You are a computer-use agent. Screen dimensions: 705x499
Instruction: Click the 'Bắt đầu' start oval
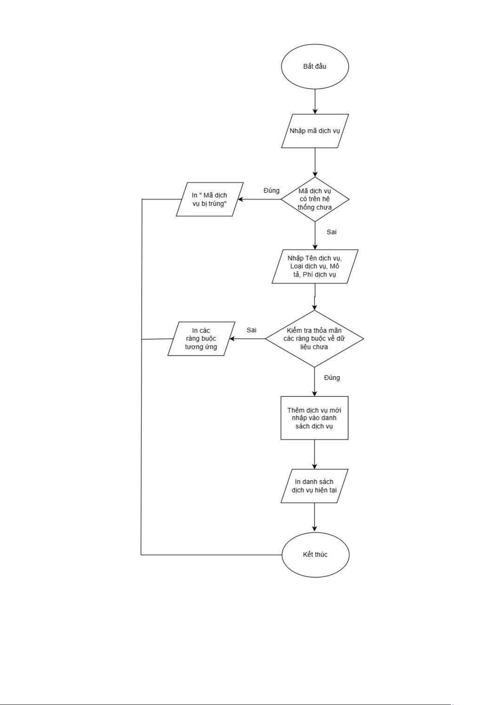pos(314,67)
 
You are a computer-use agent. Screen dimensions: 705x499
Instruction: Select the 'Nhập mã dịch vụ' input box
pos(314,131)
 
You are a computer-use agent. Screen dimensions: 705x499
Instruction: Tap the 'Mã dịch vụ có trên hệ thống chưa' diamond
pos(314,199)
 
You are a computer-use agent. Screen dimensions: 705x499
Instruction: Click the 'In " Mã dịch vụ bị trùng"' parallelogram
pos(209,199)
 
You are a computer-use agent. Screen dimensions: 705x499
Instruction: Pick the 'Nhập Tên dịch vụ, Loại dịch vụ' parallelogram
pos(314,267)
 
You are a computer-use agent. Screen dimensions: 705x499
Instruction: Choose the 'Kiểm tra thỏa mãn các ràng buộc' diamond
pos(314,338)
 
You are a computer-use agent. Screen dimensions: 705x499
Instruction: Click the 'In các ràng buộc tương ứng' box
pos(201,338)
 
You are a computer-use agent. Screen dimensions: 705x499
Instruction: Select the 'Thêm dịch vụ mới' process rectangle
pos(314,418)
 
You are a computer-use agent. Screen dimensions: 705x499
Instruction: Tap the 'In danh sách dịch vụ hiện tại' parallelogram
pos(314,486)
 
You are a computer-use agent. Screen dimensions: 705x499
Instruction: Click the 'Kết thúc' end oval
pos(314,555)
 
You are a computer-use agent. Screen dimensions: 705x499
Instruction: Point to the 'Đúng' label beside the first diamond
pos(271,191)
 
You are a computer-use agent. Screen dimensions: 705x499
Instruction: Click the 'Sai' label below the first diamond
pos(332,232)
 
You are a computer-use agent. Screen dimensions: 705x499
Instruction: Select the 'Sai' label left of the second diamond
pos(251,330)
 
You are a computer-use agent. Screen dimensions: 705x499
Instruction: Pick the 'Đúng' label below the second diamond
pos(332,378)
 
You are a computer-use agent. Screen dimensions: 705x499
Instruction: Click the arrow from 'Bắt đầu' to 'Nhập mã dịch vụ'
pos(314,101)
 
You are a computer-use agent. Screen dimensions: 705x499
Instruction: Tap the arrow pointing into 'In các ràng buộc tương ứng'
pos(247,338)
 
